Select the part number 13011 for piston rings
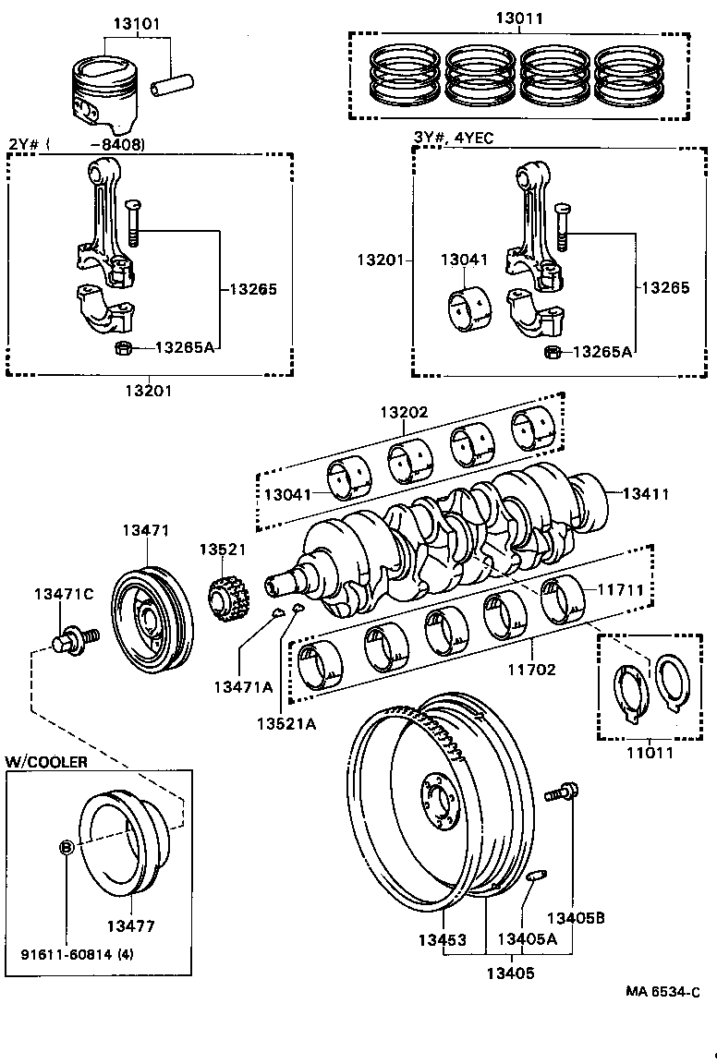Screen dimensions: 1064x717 coord(518,18)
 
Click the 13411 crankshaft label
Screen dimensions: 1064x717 coord(645,494)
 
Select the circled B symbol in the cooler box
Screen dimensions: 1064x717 coord(67,847)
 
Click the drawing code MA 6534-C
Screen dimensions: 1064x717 coord(662,991)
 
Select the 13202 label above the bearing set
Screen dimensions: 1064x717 coord(404,413)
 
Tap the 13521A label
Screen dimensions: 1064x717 coord(286,723)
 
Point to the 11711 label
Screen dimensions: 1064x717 coord(620,588)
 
